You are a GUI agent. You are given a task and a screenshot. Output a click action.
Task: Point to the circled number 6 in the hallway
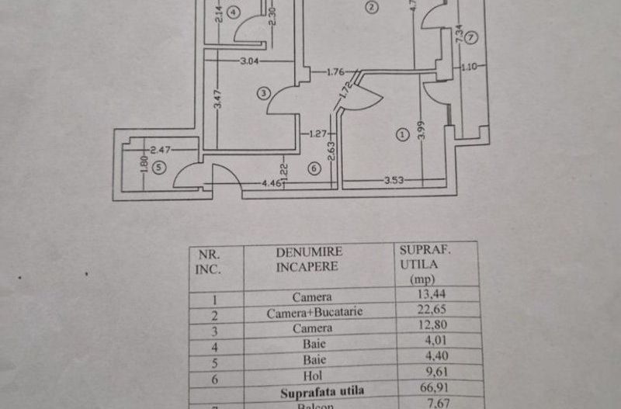coord(314,167)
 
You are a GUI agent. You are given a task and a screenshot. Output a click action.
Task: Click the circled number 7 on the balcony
coord(472,38)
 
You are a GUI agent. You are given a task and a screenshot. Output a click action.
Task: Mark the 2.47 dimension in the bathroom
coord(160,148)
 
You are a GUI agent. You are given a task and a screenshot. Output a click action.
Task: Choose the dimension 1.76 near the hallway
coord(335,73)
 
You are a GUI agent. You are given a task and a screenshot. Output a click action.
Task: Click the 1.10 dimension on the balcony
coord(468,68)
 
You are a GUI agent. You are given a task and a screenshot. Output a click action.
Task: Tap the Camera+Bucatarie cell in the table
coord(312,314)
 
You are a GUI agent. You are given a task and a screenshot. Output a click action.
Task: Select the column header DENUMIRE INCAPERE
coord(309,259)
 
